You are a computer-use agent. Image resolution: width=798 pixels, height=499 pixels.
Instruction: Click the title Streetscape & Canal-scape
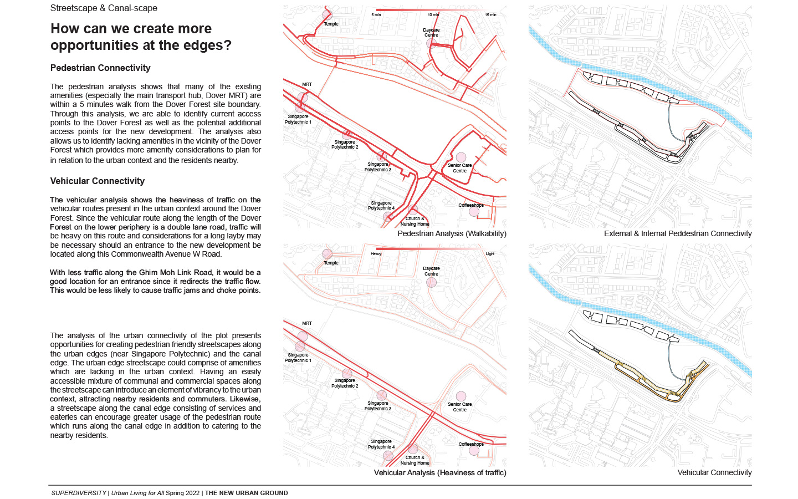(x=104, y=8)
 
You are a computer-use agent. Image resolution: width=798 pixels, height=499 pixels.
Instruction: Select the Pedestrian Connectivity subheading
(x=100, y=68)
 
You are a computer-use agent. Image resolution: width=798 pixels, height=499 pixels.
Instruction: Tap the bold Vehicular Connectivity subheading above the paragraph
(x=98, y=181)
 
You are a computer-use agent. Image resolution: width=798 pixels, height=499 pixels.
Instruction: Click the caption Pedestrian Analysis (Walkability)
(x=452, y=234)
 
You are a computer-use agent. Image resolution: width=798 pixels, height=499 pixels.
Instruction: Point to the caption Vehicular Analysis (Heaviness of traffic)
(x=440, y=473)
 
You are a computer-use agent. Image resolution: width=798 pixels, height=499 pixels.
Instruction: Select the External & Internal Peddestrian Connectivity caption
(x=678, y=234)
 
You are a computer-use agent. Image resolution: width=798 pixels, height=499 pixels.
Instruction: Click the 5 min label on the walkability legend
(x=376, y=15)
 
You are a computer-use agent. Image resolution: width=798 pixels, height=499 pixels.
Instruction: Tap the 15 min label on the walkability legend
(x=490, y=15)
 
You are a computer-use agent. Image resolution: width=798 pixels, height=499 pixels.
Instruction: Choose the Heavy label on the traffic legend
(x=376, y=254)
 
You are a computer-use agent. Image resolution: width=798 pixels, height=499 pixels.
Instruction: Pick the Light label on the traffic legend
(x=490, y=254)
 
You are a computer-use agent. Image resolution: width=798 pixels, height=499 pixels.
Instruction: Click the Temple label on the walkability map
(x=331, y=24)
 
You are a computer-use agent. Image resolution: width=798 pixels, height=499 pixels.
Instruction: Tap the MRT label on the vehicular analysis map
(x=307, y=323)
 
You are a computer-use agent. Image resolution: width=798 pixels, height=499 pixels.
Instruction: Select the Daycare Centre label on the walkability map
(x=431, y=33)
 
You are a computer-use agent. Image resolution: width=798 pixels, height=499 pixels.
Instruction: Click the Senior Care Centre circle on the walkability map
(x=461, y=158)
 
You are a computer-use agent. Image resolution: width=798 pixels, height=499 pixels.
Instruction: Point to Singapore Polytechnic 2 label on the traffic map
(x=345, y=383)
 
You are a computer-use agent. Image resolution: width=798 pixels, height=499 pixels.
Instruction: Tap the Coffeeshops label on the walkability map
(x=471, y=206)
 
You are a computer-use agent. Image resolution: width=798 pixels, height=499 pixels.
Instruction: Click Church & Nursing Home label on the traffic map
(x=415, y=460)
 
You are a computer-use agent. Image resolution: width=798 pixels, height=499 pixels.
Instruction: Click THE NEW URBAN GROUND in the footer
(x=247, y=493)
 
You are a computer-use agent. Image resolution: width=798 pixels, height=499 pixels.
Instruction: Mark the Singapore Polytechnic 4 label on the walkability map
(x=381, y=206)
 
